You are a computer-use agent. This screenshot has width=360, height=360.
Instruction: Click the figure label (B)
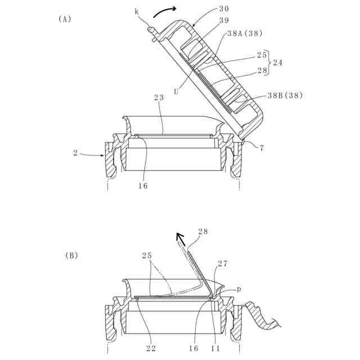pyautogui.click(x=71, y=255)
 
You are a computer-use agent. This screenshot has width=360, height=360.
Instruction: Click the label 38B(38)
pyautogui.click(x=285, y=95)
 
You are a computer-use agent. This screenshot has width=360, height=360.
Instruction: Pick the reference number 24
pyautogui.click(x=277, y=63)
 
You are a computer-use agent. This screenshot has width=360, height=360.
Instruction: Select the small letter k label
pyautogui.click(x=136, y=11)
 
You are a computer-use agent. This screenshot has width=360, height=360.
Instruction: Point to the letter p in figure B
pyautogui.click(x=239, y=289)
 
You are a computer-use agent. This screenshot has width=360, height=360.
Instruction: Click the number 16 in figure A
pyautogui.click(x=143, y=185)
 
